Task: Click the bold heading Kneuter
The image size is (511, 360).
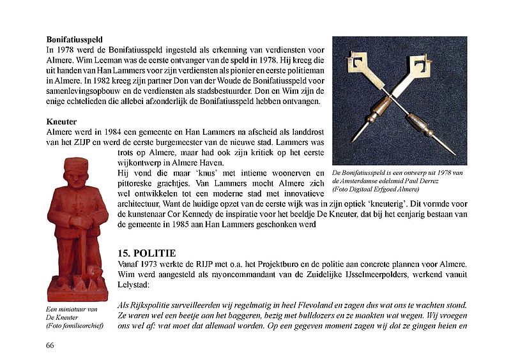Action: (61, 122)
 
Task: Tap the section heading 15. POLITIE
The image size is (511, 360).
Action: (151, 253)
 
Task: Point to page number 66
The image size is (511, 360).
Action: (50, 345)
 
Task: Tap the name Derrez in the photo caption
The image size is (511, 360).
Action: (434, 181)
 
